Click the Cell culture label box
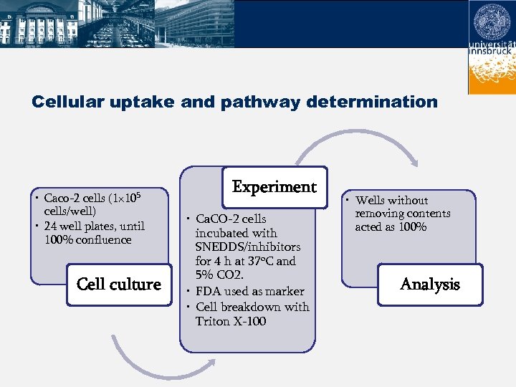pyautogui.click(x=118, y=285)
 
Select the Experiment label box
pyautogui.click(x=274, y=187)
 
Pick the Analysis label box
pyautogui.click(x=429, y=285)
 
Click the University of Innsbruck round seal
pyautogui.click(x=492, y=21)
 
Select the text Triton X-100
pyautogui.click(x=230, y=321)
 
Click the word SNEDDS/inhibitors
pyautogui.click(x=247, y=247)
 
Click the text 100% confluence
pyautogui.click(x=87, y=239)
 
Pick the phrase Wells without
pyautogui.click(x=391, y=200)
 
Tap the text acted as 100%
pyautogui.click(x=391, y=227)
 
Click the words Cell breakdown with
pyautogui.click(x=252, y=307)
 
